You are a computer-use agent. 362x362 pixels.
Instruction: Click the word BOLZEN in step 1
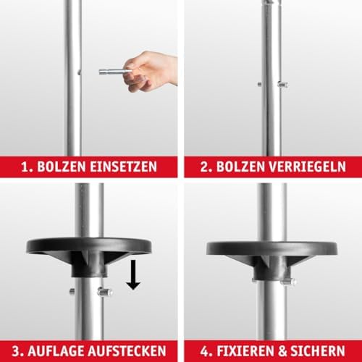64,167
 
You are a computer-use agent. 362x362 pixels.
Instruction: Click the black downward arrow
133,273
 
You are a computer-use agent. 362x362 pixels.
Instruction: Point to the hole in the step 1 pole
77,71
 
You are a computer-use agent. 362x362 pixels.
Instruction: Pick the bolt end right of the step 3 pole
106,292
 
